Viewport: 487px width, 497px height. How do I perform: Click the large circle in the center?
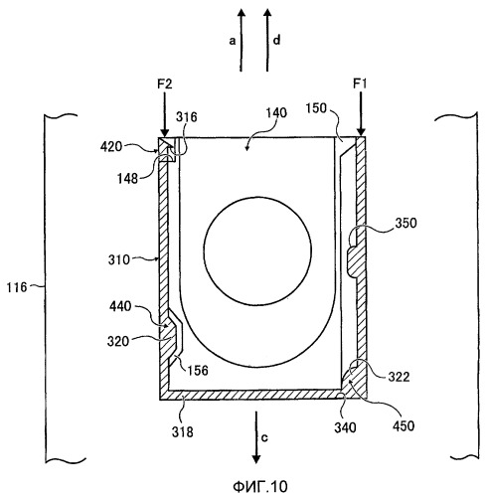tap(204, 250)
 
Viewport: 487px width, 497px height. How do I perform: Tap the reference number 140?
tap(276, 113)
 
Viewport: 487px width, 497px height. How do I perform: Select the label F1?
tap(360, 84)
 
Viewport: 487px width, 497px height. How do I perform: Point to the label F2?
tap(165, 84)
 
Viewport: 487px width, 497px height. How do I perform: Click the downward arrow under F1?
tap(361, 113)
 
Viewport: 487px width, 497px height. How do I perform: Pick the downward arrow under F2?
tap(164, 114)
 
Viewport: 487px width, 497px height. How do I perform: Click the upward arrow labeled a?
tap(242, 40)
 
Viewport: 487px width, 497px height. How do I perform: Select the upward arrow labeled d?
tap(267, 40)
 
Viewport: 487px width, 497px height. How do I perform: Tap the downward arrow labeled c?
tap(255, 437)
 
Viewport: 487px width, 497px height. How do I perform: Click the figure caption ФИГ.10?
tap(260, 487)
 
